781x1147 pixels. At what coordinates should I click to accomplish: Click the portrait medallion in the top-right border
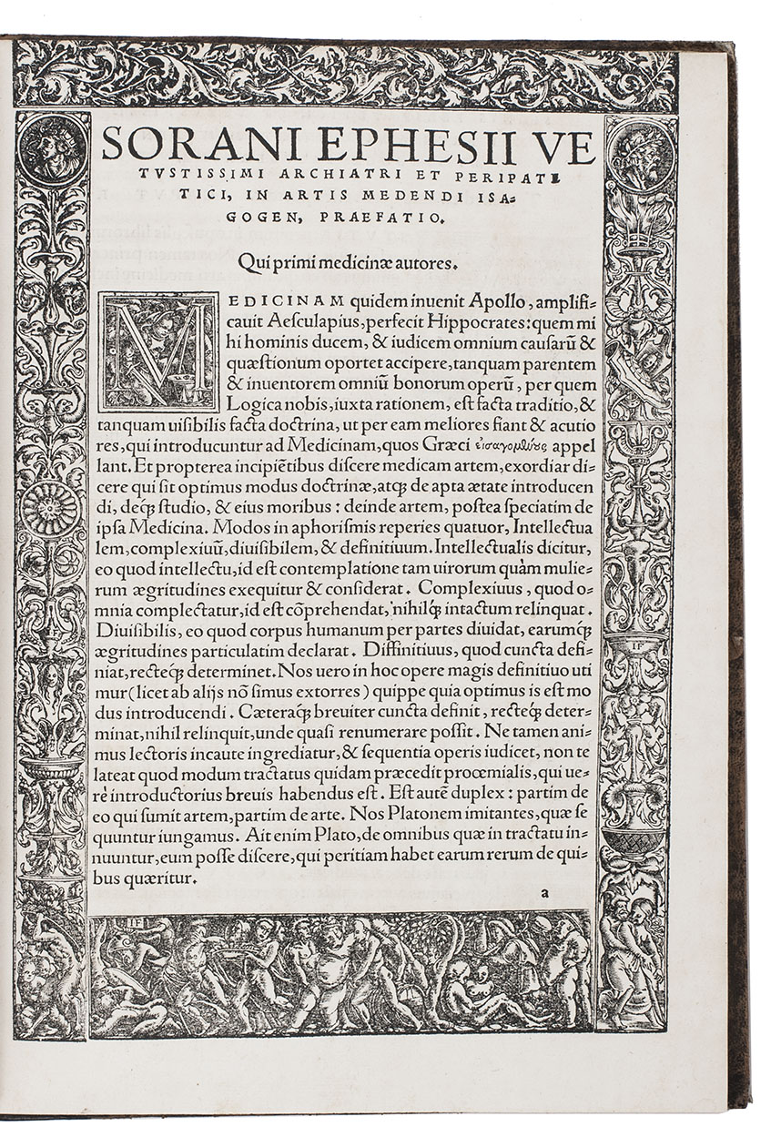point(640,150)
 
